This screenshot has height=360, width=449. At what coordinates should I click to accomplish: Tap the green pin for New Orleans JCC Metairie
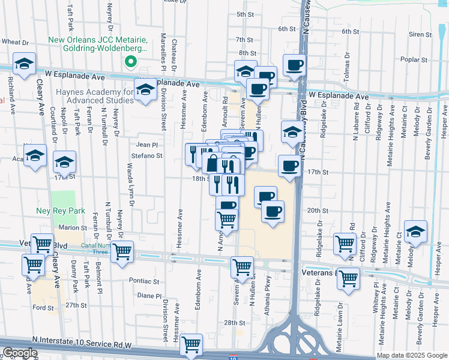(130, 62)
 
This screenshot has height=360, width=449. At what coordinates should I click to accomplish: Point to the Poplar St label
(415, 60)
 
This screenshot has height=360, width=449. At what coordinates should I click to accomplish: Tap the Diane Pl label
(149, 295)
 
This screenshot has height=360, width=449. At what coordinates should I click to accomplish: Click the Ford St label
(43, 308)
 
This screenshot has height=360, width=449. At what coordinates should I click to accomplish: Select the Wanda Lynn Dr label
(129, 182)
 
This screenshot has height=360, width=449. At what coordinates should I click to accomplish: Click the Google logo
(20, 353)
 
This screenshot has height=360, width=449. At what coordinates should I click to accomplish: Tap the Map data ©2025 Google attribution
(412, 355)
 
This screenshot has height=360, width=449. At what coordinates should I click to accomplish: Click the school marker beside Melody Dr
(415, 232)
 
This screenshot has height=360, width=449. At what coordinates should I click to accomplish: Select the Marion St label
(73, 227)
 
